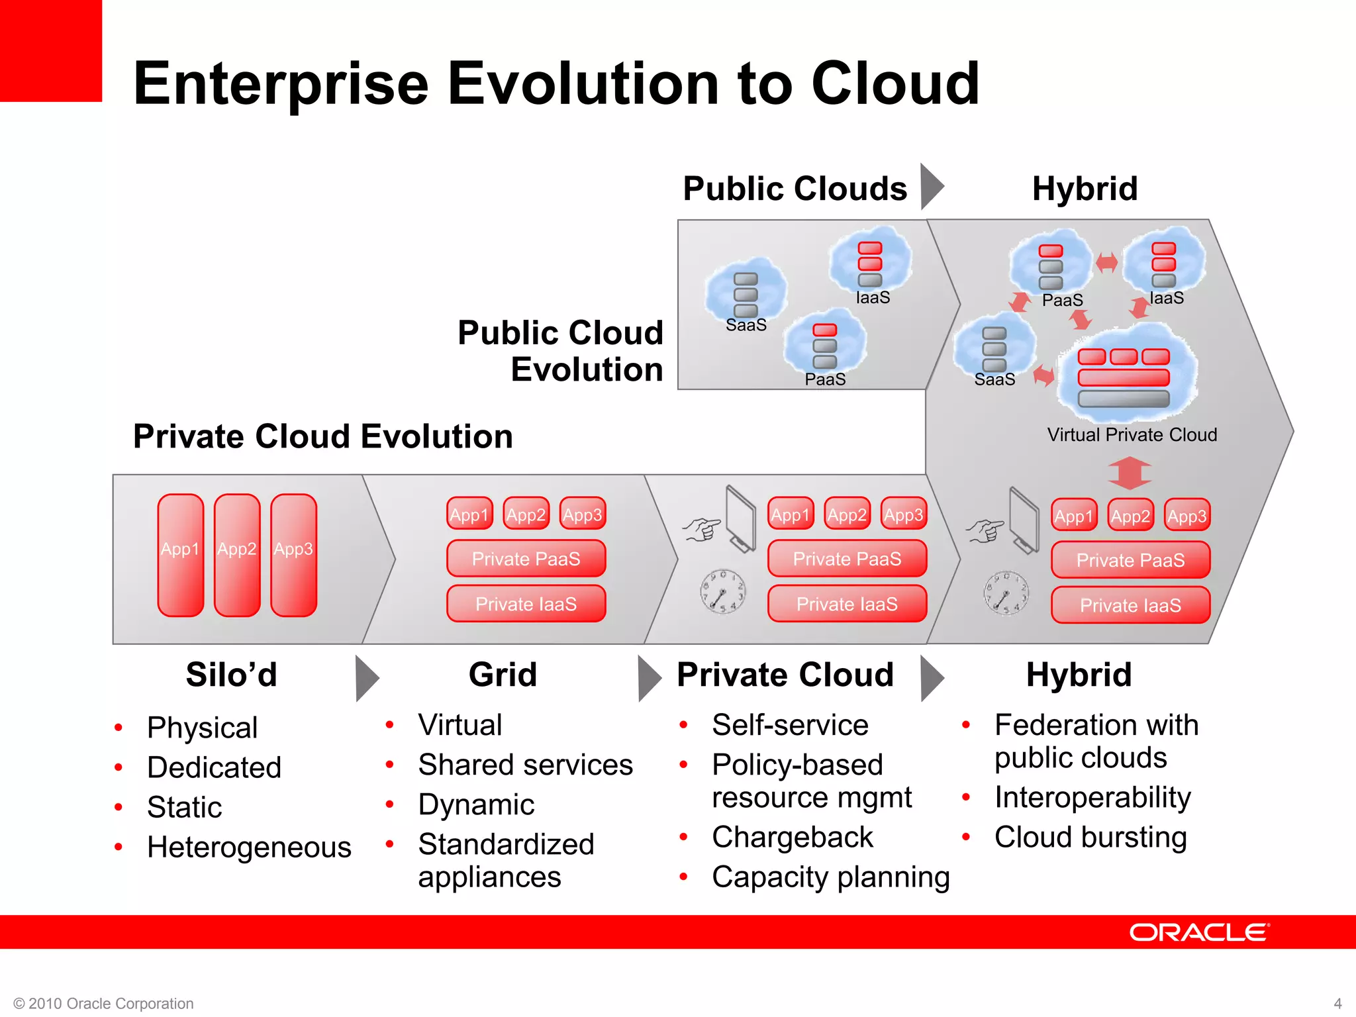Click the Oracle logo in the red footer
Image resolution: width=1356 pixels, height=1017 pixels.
point(1199,932)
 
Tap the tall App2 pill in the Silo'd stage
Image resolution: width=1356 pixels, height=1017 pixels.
point(237,555)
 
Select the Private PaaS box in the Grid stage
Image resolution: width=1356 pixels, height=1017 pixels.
point(526,559)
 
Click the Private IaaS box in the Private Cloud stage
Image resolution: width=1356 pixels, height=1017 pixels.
point(847,604)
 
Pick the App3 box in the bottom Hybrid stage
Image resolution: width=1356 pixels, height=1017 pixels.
point(1187,516)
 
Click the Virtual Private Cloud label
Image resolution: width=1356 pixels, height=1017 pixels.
point(1132,435)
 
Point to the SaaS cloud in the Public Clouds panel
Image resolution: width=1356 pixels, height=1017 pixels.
point(746,295)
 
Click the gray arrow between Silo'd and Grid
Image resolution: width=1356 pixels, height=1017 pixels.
point(366,678)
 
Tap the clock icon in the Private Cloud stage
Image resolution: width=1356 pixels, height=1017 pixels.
point(723,591)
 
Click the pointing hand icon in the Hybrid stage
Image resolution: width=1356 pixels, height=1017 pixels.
point(985,530)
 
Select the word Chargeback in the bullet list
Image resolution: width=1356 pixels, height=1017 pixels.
point(792,837)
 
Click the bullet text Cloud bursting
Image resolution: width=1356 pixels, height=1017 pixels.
point(1090,837)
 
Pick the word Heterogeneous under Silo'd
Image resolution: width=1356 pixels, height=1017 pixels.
point(249,847)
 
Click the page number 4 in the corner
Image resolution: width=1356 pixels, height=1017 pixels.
point(1337,1003)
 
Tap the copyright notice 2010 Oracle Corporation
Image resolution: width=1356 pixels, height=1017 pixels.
point(104,1003)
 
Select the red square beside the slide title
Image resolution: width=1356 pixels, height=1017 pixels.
point(50,50)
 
